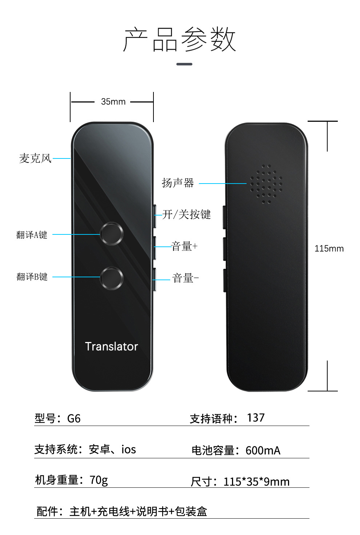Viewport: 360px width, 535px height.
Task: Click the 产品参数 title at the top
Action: pos(180,39)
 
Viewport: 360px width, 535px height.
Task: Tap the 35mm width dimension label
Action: pos(113,102)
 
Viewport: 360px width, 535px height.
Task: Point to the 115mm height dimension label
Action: pos(329,249)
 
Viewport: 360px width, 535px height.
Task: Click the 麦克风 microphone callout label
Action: pos(35,158)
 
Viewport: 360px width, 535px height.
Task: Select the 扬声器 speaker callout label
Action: pos(178,183)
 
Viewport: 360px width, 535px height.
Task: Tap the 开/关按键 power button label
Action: pos(187,214)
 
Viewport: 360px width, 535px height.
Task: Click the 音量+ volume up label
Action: pos(184,246)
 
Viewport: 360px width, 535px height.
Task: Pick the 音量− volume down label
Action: pos(185,278)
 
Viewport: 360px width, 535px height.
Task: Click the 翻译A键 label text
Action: pos(32,235)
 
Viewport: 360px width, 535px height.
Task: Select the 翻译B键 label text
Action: pos(32,277)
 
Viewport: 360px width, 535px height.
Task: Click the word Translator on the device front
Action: pos(111,346)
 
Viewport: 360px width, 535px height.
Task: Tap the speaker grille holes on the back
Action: pos(266,184)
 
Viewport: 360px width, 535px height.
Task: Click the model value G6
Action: pos(74,419)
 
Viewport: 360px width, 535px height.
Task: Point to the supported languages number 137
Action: pos(256,418)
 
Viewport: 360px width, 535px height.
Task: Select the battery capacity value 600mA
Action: pos(263,451)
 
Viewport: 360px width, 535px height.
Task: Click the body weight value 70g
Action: pos(99,480)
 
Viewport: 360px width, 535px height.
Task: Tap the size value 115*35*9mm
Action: pos(256,482)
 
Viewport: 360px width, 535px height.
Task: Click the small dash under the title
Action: pos(184,64)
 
